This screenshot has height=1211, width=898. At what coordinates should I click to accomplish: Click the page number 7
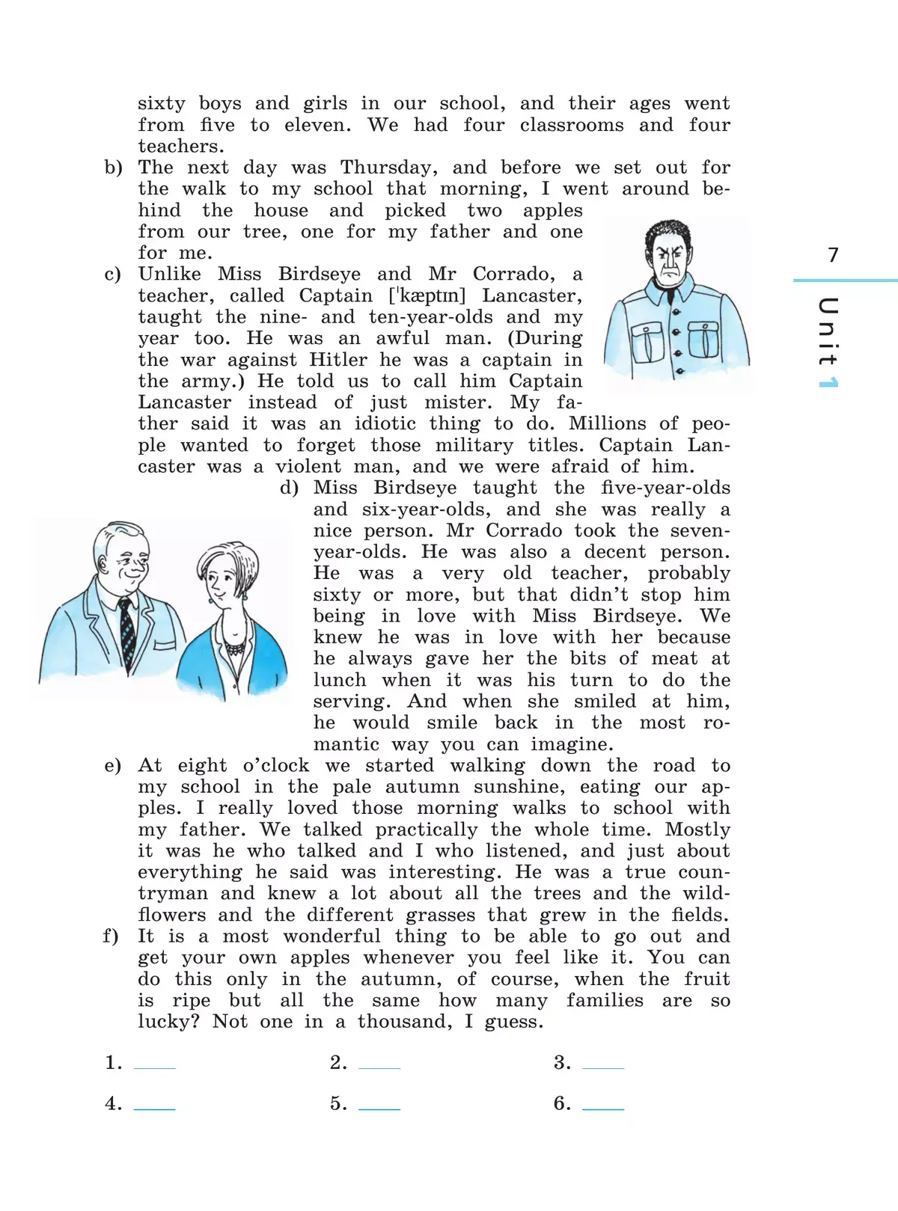pyautogui.click(x=832, y=255)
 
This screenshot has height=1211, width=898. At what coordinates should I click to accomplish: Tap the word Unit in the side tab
pyautogui.click(x=828, y=331)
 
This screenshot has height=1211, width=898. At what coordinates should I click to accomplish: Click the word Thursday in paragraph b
pyautogui.click(x=389, y=168)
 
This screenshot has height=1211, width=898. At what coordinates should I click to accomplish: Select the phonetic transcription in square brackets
pyautogui.click(x=427, y=295)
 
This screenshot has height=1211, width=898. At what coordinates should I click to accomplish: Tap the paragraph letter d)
pyautogui.click(x=290, y=488)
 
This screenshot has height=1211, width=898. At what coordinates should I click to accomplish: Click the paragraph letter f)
pyautogui.click(x=111, y=936)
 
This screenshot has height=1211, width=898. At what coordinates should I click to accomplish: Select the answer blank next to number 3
pyautogui.click(x=603, y=1067)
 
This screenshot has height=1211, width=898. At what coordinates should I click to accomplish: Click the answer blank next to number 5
pyautogui.click(x=379, y=1108)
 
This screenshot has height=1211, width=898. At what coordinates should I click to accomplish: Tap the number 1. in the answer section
pyautogui.click(x=114, y=1062)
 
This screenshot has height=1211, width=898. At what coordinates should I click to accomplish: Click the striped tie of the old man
pyautogui.click(x=127, y=634)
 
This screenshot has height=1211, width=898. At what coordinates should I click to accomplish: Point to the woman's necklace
pyautogui.click(x=236, y=648)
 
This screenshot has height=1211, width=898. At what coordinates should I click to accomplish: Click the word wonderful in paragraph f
pyautogui.click(x=332, y=936)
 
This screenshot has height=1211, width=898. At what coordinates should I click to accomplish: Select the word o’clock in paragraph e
pyautogui.click(x=276, y=765)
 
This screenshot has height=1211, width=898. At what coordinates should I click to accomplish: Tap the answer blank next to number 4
pyautogui.click(x=155, y=1108)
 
